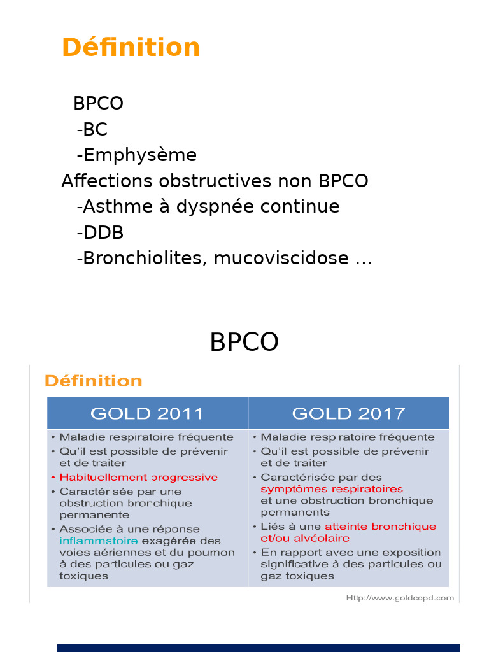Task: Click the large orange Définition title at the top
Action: [x=131, y=48]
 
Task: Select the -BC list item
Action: [x=92, y=129]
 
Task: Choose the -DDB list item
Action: [x=100, y=232]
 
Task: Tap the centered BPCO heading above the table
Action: [x=244, y=343]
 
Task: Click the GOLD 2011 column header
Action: [x=147, y=413]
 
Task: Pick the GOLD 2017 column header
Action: [x=348, y=413]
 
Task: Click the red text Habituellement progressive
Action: [x=138, y=477]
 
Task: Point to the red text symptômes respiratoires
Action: [x=332, y=489]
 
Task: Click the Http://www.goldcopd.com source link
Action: [x=400, y=598]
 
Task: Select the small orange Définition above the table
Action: [x=93, y=381]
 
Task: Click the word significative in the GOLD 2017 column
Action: [x=292, y=564]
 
